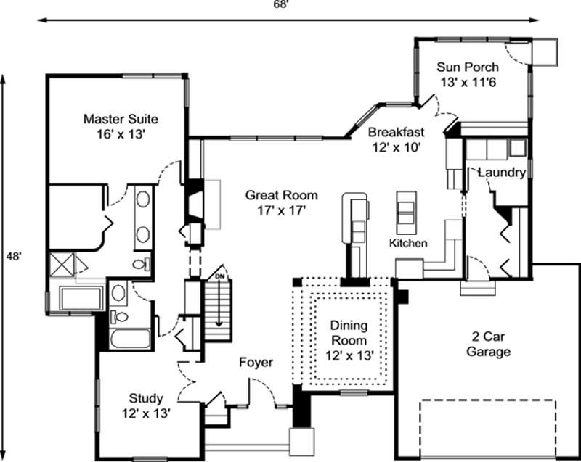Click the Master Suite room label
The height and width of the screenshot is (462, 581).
click(x=121, y=118)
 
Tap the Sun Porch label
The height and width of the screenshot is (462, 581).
click(x=466, y=67)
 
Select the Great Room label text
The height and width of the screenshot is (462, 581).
click(x=281, y=195)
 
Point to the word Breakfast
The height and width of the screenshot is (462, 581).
click(x=395, y=132)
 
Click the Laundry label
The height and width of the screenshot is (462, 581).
click(x=502, y=173)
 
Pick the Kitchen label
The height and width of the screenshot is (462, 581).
click(x=408, y=243)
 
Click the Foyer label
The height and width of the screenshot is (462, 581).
click(x=256, y=362)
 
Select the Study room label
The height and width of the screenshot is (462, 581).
click(x=146, y=398)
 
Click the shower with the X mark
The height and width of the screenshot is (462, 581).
click(x=61, y=263)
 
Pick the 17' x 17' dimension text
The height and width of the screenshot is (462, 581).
click(x=281, y=210)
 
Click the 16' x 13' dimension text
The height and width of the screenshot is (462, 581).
click(x=121, y=134)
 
